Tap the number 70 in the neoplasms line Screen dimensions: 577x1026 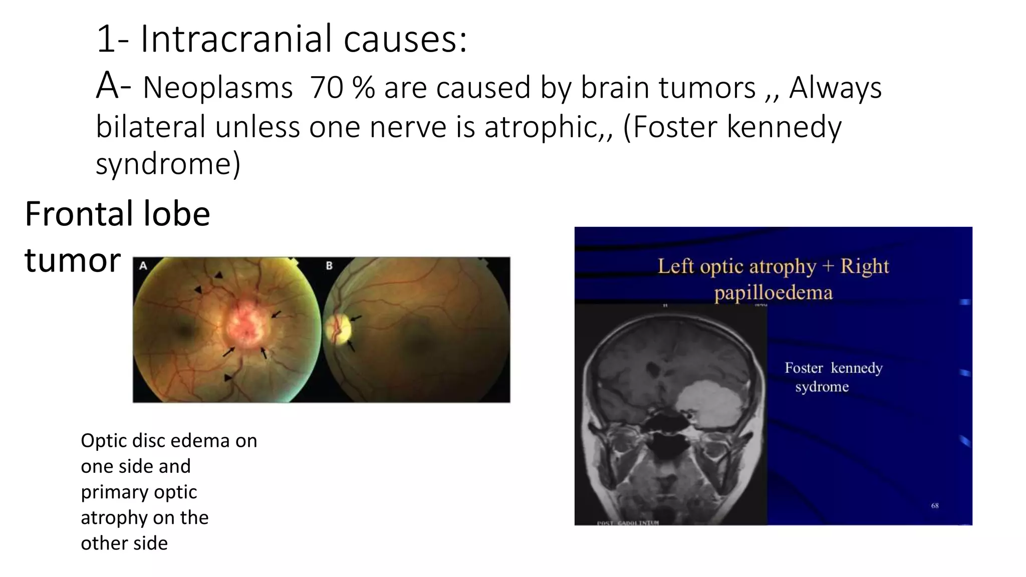coord(326,88)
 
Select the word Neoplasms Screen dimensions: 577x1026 coord(217,88)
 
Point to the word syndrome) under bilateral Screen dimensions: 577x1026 coord(168,164)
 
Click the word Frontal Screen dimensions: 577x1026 coord(79,214)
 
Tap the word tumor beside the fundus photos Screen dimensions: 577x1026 coord(73,260)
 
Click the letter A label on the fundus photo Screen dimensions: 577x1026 coord(143,265)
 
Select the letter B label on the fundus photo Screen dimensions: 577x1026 coord(329,265)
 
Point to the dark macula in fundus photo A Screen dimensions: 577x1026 coord(185,330)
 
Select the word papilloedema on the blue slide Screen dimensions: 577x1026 coord(773,293)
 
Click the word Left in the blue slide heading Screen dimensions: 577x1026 coord(676,266)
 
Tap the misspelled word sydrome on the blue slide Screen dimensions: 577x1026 coord(822,387)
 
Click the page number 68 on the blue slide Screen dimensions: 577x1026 coord(935,506)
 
